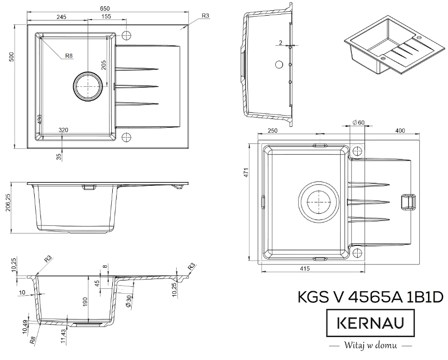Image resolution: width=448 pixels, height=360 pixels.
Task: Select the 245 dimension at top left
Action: pyautogui.click(x=61, y=17)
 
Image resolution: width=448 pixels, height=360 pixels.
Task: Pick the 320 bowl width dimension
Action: pyautogui.click(x=62, y=130)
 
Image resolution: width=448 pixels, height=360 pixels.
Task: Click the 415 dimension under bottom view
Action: pyautogui.click(x=305, y=269)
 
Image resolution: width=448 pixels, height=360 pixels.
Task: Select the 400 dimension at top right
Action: pyautogui.click(x=400, y=130)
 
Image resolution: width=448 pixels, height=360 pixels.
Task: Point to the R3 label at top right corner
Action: pyautogui.click(x=205, y=16)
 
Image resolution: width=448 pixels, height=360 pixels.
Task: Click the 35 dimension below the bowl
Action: pyautogui.click(x=59, y=156)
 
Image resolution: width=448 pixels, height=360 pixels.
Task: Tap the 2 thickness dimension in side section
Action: pyautogui.click(x=282, y=43)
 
